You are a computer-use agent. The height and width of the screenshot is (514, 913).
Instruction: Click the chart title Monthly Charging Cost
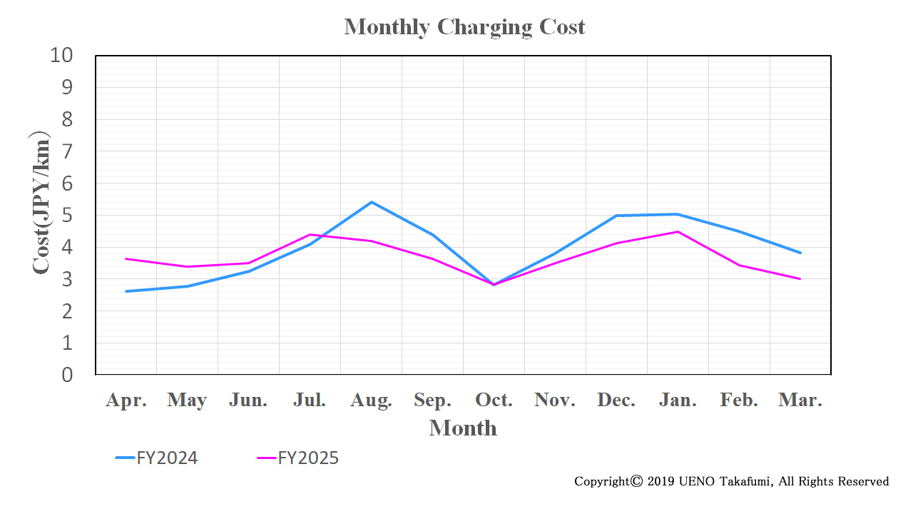point(464,27)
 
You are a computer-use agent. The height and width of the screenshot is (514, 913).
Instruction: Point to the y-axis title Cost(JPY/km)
point(41,203)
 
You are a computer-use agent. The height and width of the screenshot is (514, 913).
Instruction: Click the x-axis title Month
point(463,428)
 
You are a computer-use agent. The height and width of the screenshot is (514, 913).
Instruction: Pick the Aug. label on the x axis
point(371,400)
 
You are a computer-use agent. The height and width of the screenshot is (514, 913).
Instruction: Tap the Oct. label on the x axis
point(494,400)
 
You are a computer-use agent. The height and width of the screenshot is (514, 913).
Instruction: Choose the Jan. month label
point(678,400)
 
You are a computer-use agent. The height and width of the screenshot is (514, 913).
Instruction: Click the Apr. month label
point(126,400)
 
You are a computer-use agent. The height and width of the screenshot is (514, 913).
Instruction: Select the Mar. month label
point(800,400)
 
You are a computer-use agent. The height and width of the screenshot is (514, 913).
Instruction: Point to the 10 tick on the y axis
point(61,55)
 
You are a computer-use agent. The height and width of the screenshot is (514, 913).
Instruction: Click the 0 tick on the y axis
point(67,375)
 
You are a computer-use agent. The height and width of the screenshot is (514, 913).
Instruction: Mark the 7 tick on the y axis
point(67,151)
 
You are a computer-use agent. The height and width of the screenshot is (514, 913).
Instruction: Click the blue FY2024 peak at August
point(372,202)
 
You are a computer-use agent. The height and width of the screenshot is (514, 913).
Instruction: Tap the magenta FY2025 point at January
point(678,231)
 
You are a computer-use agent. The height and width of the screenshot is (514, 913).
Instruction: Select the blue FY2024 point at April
point(126,291)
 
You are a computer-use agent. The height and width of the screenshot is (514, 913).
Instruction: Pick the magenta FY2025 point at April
point(126,258)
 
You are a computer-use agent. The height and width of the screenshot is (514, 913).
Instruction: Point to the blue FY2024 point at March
point(800,253)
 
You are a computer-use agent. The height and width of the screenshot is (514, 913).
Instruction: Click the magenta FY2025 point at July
point(310,234)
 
